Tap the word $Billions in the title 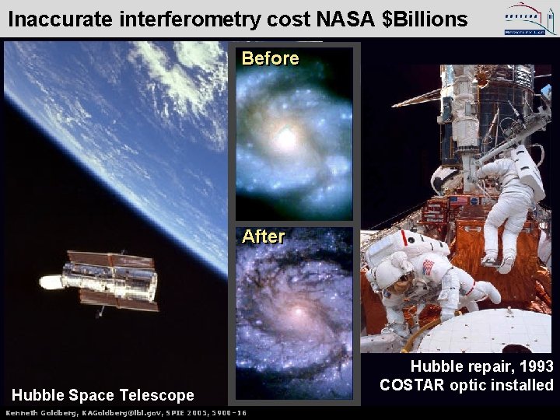pos(426,19)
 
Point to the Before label pos(270,58)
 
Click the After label pos(264,236)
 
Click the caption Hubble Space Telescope pos(103,396)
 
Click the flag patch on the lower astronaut pos(427,268)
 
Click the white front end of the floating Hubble pos(52,282)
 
